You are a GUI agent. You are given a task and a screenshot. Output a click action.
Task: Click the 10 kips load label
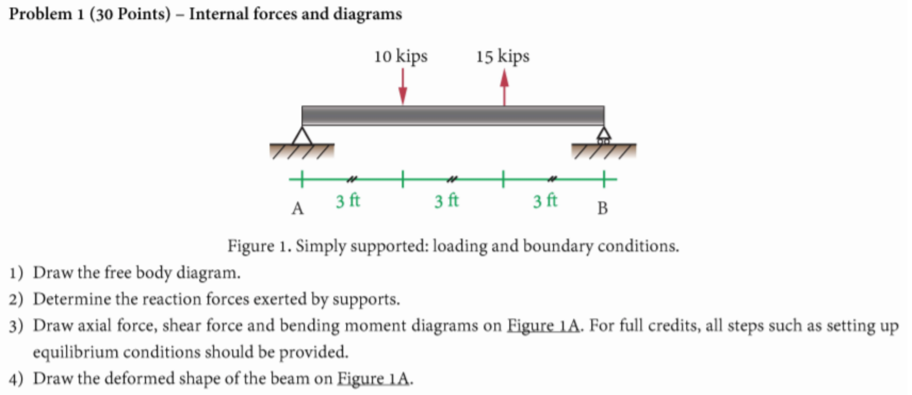tap(401, 56)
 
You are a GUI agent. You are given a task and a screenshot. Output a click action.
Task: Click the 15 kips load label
tap(502, 56)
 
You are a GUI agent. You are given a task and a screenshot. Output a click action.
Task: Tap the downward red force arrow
tap(403, 87)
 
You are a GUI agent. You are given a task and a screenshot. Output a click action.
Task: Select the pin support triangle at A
tap(302, 136)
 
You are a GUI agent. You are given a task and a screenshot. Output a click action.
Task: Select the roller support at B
tap(604, 135)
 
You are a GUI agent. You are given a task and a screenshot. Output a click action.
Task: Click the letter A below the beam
tap(297, 208)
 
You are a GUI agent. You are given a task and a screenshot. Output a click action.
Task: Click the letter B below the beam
tap(602, 208)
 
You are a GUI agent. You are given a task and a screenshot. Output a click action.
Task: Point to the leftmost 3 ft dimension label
tap(348, 201)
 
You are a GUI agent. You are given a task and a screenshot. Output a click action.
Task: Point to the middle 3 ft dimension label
tap(446, 201)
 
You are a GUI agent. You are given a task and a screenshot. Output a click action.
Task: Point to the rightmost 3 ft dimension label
tap(545, 201)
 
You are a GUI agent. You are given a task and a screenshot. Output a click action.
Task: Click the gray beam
tap(453, 116)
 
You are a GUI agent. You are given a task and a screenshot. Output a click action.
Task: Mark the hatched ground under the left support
tap(302, 151)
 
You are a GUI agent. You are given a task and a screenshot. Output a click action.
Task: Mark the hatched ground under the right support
tap(604, 151)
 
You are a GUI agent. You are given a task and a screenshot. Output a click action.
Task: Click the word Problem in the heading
tap(40, 14)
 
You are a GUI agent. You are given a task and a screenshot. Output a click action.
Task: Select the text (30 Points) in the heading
tap(130, 14)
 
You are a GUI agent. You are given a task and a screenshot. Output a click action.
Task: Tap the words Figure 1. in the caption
tap(259, 246)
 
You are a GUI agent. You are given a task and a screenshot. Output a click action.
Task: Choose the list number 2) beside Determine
tap(16, 299)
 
